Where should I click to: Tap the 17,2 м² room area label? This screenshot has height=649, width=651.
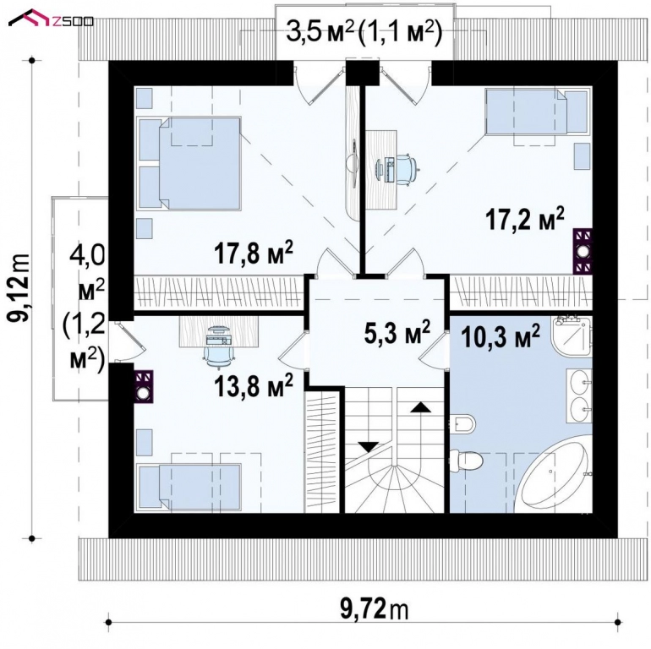[x=524, y=220]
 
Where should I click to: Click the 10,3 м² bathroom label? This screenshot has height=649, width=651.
[x=501, y=338]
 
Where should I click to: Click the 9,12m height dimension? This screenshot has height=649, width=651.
[x=18, y=286]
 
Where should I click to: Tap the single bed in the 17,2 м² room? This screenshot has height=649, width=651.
[x=536, y=113]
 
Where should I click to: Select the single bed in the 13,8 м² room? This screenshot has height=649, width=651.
[x=186, y=487]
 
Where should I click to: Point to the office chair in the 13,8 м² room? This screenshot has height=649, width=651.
[x=216, y=342]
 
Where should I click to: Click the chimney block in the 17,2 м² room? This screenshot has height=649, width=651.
[x=583, y=251]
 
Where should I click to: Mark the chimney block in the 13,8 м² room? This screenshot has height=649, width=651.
[x=144, y=386]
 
